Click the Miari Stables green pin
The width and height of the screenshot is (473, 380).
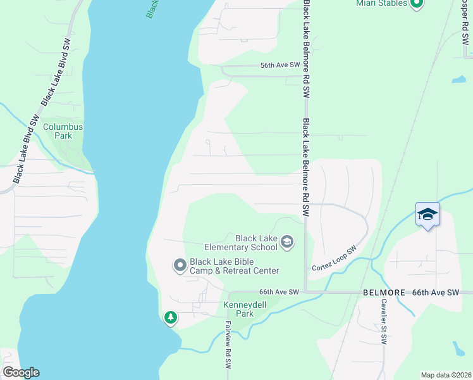point(416,5)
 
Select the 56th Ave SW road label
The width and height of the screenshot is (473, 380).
point(279,65)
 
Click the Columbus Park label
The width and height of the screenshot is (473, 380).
point(63,131)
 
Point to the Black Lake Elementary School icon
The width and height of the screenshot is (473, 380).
point(287,242)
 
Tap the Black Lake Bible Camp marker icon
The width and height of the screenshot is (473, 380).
point(180,265)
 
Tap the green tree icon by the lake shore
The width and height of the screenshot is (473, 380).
point(170,317)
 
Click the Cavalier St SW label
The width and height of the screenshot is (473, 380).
point(383,321)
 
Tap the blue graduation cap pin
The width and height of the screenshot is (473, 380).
point(427,215)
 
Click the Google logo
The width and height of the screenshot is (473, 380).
point(21,372)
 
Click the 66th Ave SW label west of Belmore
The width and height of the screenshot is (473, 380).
point(278,292)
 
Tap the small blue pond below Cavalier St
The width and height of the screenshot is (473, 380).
point(458,349)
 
